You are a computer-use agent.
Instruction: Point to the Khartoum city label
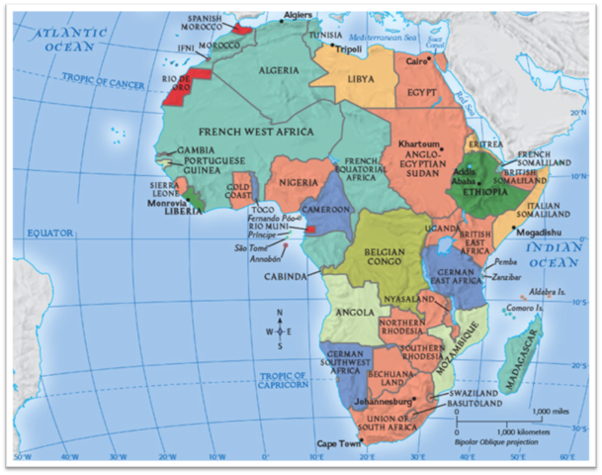pos(418,143)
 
